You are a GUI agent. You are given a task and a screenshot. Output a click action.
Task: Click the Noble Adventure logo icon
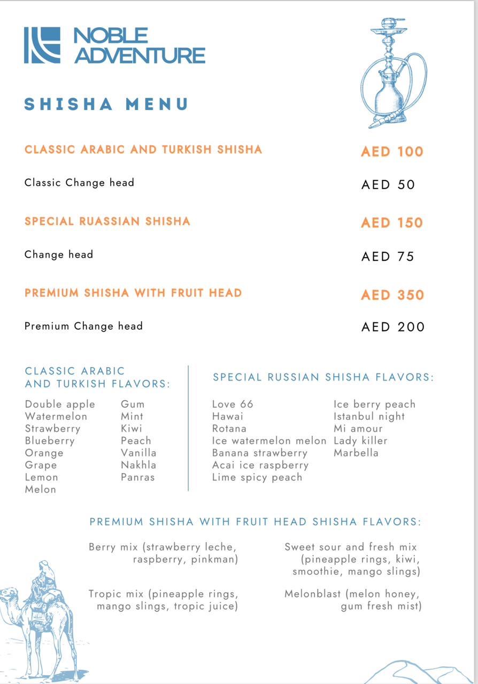tap(42, 45)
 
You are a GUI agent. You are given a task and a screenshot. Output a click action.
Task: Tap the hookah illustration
tap(393, 73)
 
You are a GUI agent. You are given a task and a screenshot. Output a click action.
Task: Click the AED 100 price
tap(392, 152)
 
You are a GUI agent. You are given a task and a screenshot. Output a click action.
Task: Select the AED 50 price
tap(388, 185)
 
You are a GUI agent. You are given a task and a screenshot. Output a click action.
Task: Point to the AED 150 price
tap(392, 223)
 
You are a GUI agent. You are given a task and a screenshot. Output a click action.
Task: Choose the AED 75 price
tap(388, 256)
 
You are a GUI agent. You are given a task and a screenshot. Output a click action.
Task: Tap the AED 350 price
tap(392, 295)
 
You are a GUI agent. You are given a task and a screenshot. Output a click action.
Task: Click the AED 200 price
tap(393, 327)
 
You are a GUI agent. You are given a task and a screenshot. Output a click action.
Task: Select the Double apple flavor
tap(60, 405)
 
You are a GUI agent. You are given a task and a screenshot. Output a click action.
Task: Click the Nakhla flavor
tap(138, 465)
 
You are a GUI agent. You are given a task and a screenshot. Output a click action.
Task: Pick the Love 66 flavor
tap(233, 405)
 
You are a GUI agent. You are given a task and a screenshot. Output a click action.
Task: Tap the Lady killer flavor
tap(360, 441)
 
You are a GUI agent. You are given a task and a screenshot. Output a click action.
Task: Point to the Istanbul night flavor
tap(369, 417)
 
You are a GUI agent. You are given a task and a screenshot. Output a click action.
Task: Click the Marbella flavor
tap(356, 453)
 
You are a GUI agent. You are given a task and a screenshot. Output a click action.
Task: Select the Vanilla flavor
tap(138, 453)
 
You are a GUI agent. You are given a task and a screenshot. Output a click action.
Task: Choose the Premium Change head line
tap(83, 326)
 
